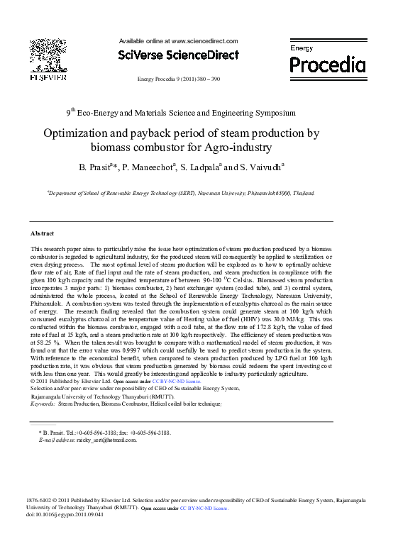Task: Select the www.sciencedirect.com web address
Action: point(204,41)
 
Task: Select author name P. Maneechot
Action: point(147,167)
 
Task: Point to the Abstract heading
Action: point(43,233)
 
